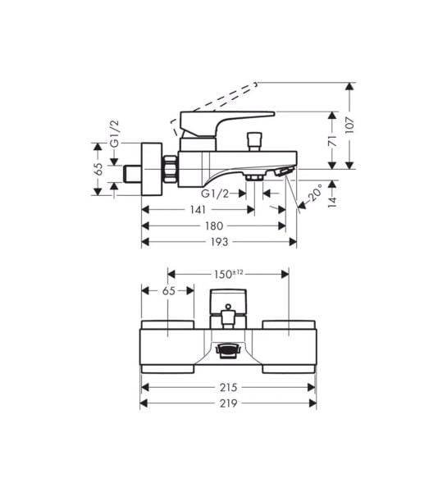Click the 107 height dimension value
[350, 125]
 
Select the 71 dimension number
[332, 141]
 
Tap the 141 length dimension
[198, 210]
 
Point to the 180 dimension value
[214, 225]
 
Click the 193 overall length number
[219, 242]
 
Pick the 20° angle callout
[315, 193]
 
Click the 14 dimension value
[332, 201]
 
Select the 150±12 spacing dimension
[229, 274]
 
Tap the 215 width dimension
[228, 388]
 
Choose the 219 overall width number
[228, 403]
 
